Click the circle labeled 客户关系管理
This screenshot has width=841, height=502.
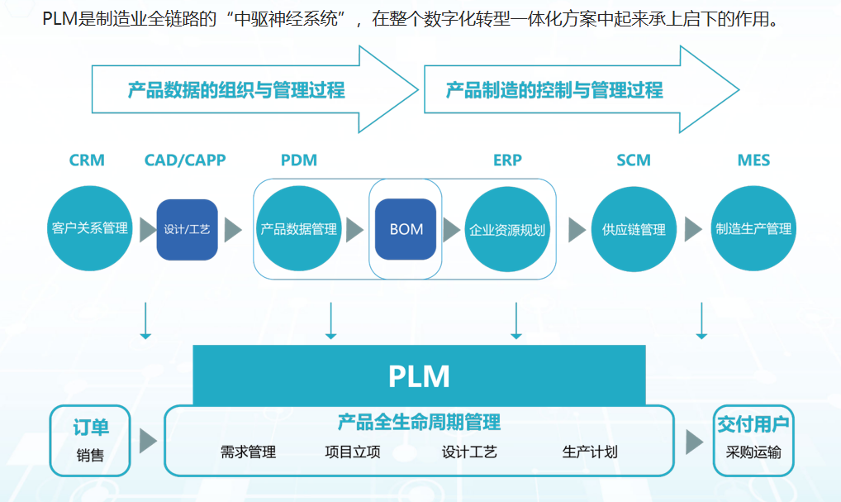click(90, 229)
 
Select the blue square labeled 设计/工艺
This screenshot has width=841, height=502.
click(188, 229)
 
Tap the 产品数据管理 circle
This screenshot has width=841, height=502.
click(298, 229)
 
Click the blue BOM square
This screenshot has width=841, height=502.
click(406, 229)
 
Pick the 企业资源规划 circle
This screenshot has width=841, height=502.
click(507, 229)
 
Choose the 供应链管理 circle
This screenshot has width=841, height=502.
click(634, 229)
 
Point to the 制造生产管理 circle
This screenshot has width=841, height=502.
click(753, 229)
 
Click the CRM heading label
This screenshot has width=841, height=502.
click(87, 160)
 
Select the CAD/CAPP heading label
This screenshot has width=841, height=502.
click(185, 160)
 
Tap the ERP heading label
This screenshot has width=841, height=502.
click(507, 160)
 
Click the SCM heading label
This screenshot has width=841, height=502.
click(634, 160)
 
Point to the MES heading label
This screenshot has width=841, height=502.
click(753, 160)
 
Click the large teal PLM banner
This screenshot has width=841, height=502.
click(419, 375)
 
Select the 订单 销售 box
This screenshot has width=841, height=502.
click(90, 440)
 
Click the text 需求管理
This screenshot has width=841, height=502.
click(248, 452)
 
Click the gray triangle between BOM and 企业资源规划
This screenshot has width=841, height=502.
click(451, 229)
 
